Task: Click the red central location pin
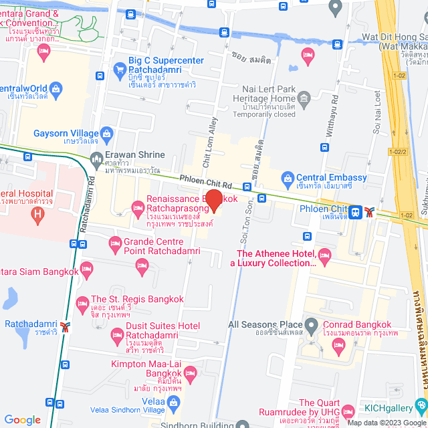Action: pyautogui.click(x=213, y=200)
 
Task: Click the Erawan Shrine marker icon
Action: pyautogui.click(x=96, y=159)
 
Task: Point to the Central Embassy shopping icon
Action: pyautogui.click(x=288, y=178)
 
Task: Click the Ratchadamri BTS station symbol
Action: pyautogui.click(x=65, y=326)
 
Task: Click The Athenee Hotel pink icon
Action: pyautogui.click(x=325, y=254)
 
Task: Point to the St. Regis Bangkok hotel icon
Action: pyautogui.click(x=82, y=304)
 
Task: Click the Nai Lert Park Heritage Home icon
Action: pyautogui.click(x=305, y=101)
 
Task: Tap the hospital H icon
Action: pyautogui.click(x=38, y=215)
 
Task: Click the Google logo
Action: pyautogui.click(x=22, y=419)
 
